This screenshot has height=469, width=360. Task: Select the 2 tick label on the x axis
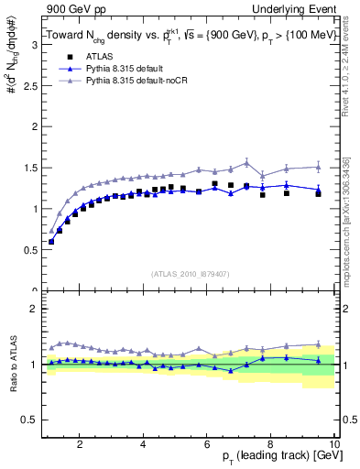(x=80, y=443)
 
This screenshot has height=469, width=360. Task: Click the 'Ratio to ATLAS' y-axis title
(x=11, y=365)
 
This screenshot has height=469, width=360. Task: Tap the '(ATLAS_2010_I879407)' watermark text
(x=190, y=273)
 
